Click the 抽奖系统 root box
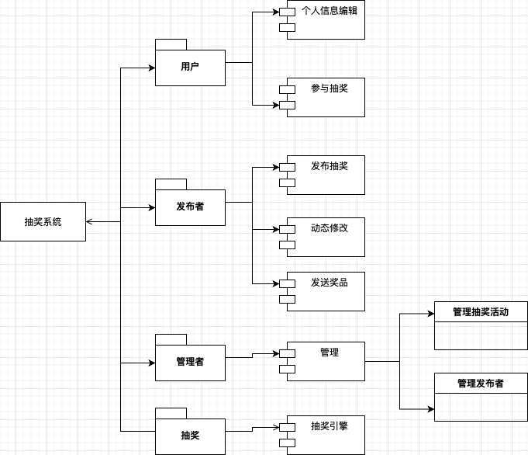[43, 221]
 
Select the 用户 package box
[190, 67]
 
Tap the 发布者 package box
[190, 207]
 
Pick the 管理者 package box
[190, 362]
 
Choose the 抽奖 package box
[190, 436]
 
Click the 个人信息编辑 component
[326, 20]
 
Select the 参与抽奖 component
[326, 97]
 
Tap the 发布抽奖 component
[326, 175]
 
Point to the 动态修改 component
[326, 237]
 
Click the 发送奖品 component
[326, 291]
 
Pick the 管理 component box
[326, 361]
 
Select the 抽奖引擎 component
[326, 435]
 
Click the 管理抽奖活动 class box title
[481, 312]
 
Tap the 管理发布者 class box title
[481, 383]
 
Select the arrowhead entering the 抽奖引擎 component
[275, 427]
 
